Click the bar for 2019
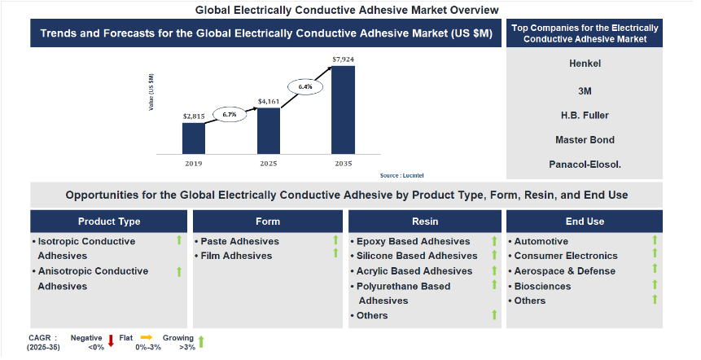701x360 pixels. point(194,138)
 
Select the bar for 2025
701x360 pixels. point(269,131)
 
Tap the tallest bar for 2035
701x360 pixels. point(344,110)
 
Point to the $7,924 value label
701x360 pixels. point(344,59)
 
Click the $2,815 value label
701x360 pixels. point(194,116)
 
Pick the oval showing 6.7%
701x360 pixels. point(230,115)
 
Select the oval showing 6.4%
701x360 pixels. point(304,87)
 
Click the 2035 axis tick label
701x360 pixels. point(344,164)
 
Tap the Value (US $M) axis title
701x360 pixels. point(151,92)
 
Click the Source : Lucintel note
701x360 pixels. point(401,176)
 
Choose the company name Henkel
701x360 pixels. point(585,64)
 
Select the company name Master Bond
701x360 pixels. point(585,140)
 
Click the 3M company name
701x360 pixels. point(585,91)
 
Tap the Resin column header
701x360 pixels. point(425,222)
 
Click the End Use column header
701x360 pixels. point(585,222)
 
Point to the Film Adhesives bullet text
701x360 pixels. point(236,256)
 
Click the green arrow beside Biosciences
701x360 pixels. point(655,284)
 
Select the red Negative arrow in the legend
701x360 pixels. point(112,340)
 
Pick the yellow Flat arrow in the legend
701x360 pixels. point(147,337)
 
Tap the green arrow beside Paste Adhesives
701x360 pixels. point(335,240)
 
